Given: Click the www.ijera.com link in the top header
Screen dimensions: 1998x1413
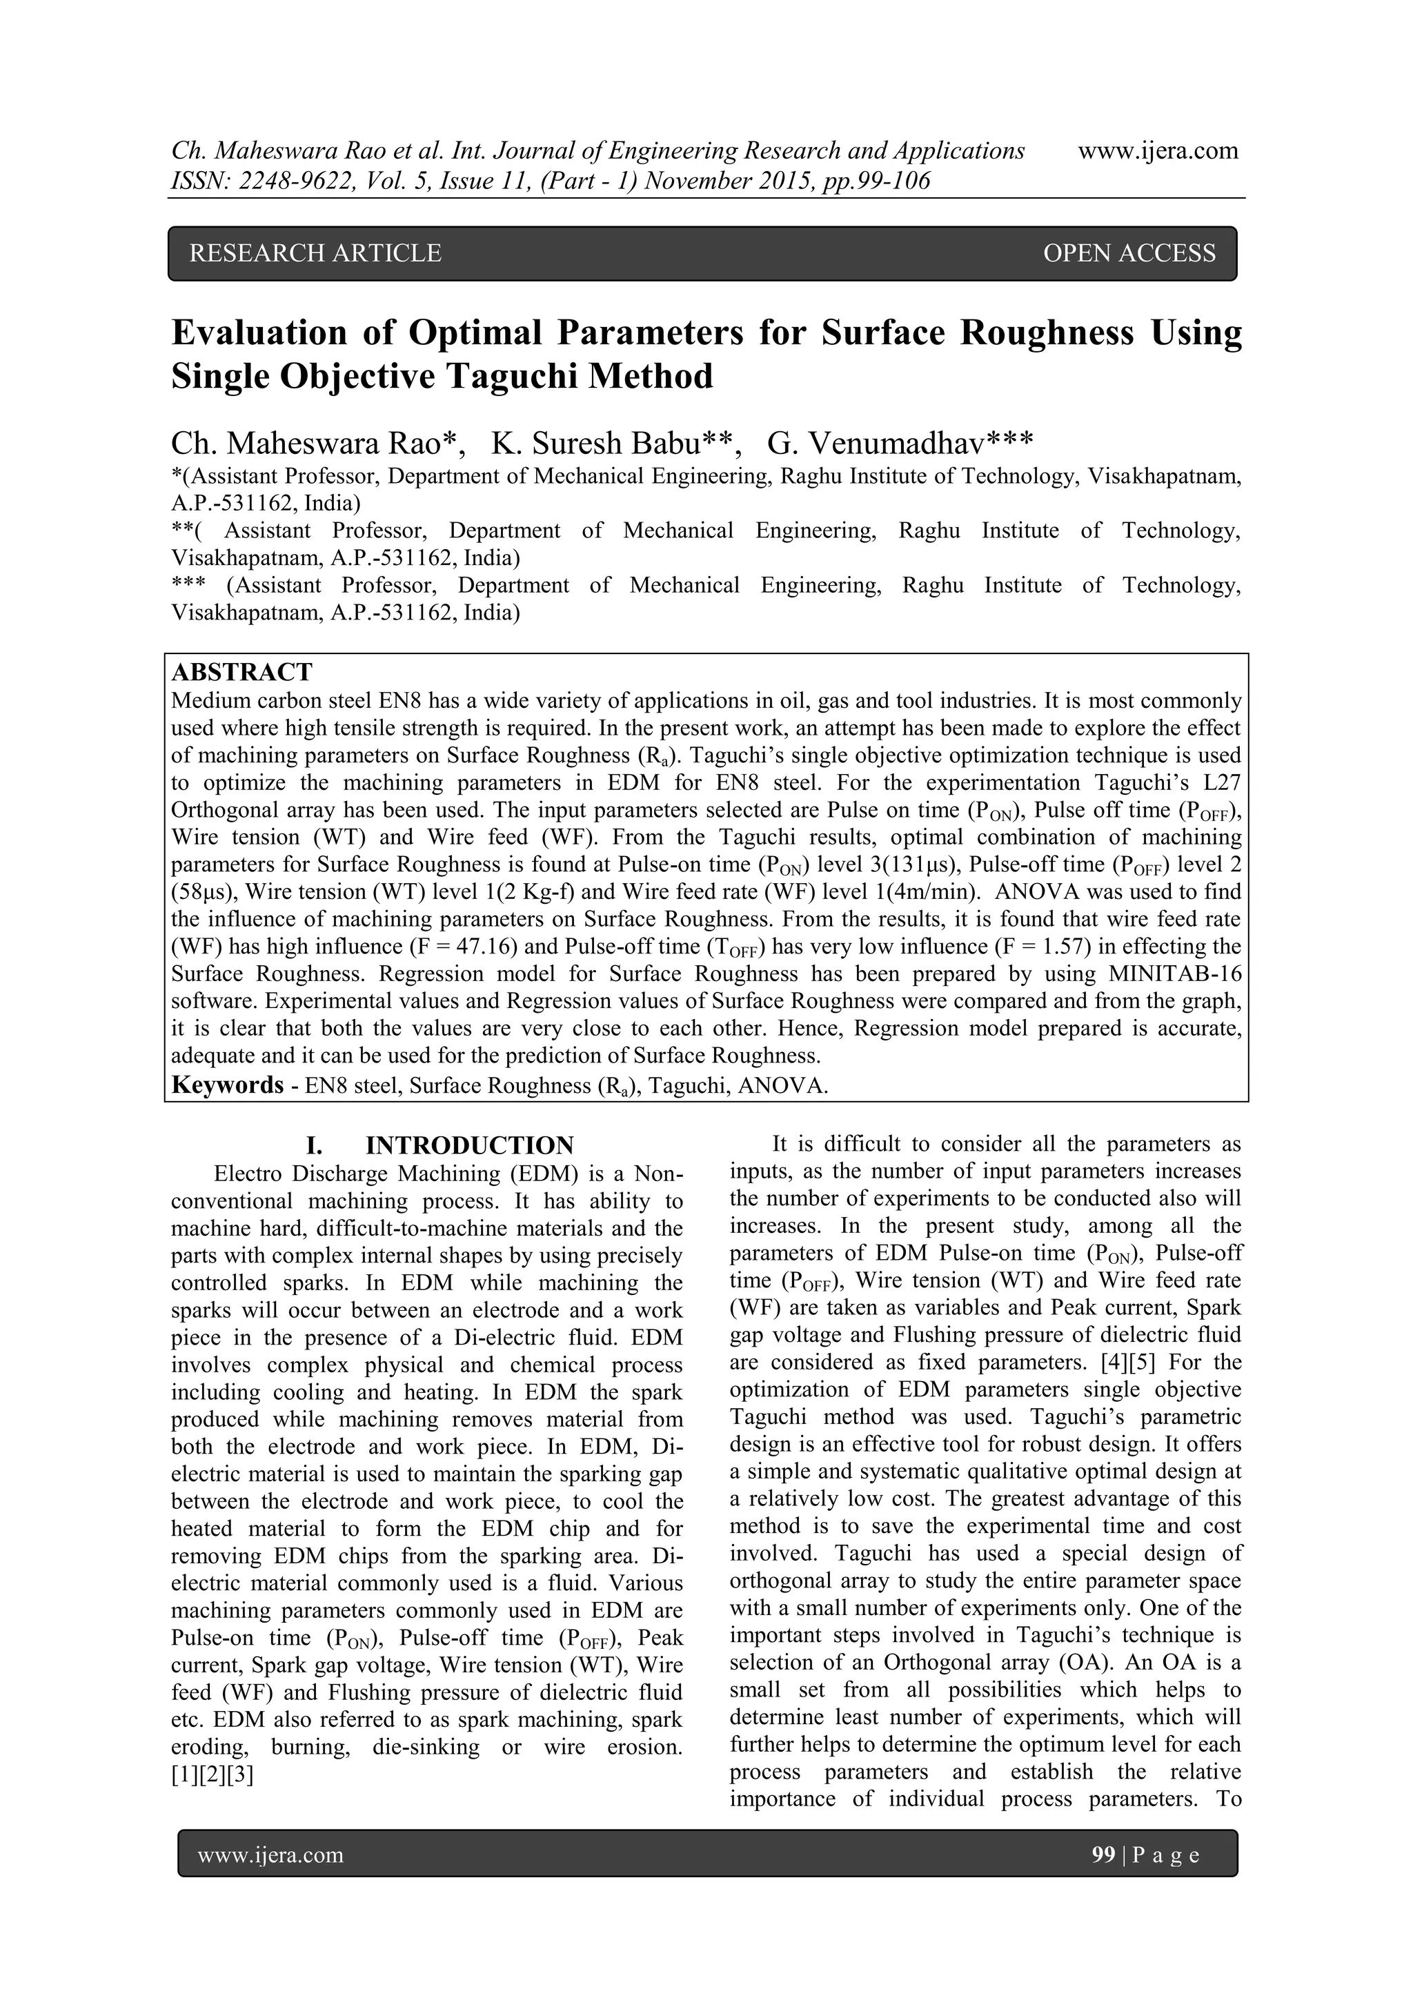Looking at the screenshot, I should (x=1157, y=150).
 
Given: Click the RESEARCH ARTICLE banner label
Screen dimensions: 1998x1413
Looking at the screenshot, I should (x=315, y=253).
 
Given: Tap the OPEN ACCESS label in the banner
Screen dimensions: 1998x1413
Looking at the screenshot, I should (x=1129, y=253).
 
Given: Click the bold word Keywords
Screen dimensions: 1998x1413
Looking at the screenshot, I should (x=227, y=1085).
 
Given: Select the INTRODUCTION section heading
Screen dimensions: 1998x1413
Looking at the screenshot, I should (x=469, y=1145).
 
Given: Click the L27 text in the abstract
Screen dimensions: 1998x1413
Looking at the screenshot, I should (x=1223, y=782).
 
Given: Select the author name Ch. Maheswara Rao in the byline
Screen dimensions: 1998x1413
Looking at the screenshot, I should (x=313, y=444).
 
